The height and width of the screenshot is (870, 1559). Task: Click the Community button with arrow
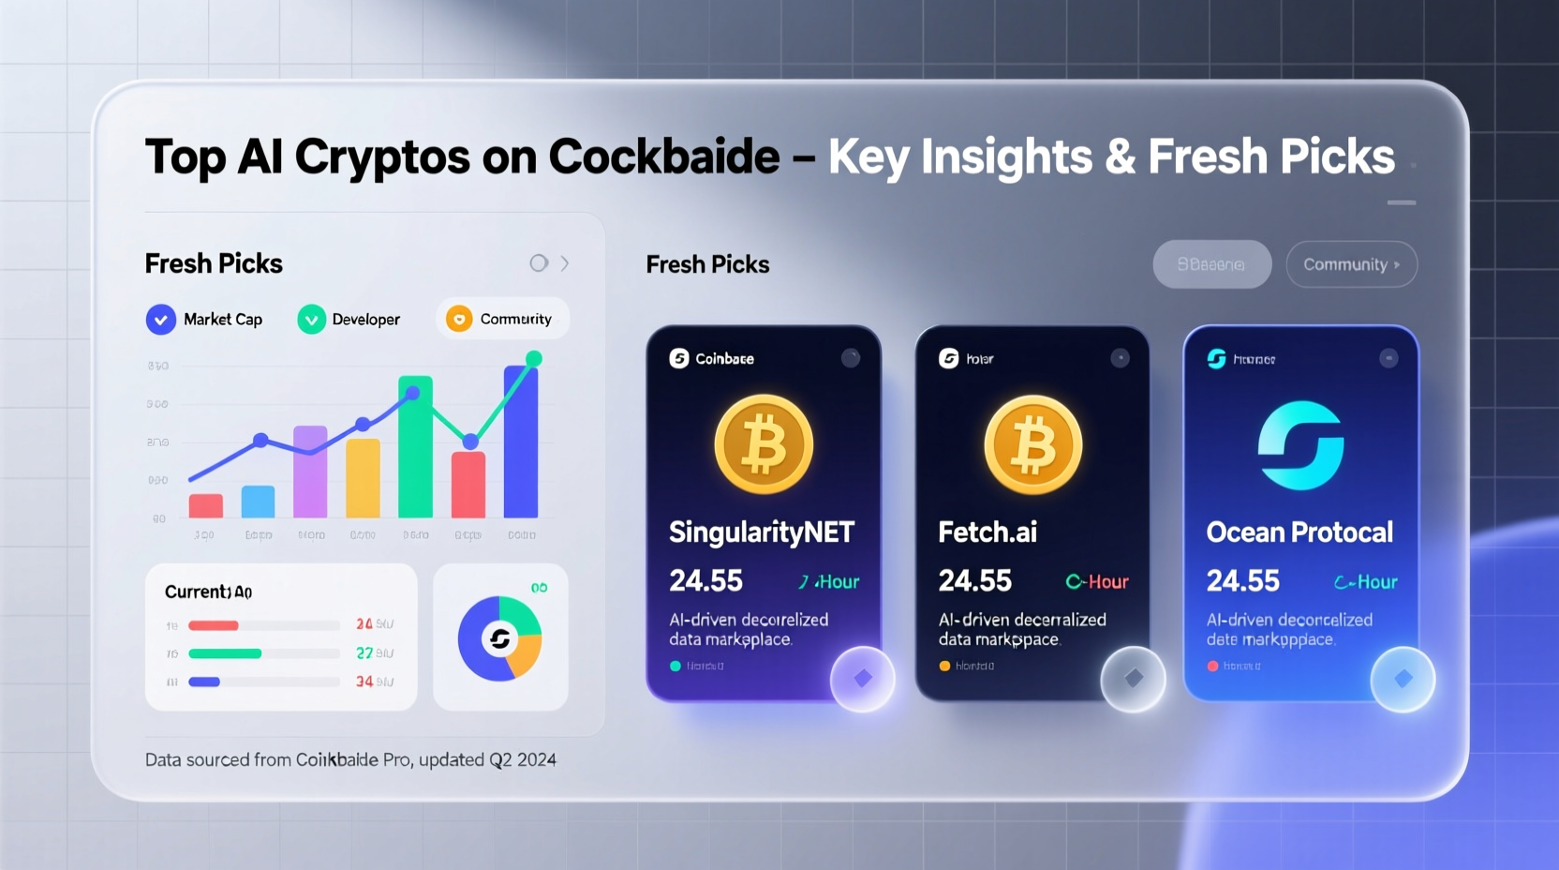pos(1351,264)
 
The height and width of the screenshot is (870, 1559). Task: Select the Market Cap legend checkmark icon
pos(161,320)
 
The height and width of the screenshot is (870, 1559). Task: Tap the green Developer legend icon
pos(311,320)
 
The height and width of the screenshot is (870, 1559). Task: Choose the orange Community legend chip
pos(502,319)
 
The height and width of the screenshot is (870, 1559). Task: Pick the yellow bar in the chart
pos(363,478)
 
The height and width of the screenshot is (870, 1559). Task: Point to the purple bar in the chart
pos(310,472)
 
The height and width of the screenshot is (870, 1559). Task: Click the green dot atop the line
pos(534,358)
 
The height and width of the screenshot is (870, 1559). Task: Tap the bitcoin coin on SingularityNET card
pos(764,443)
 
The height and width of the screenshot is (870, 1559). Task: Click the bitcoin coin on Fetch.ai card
pos(1032,443)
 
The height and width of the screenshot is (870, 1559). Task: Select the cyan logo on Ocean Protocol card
pos(1300,445)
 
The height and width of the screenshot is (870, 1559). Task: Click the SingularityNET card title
pos(761,532)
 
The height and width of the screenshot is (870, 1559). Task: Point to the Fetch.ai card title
pos(987,532)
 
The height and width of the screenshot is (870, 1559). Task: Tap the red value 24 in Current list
pos(364,624)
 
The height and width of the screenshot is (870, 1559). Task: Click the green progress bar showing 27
pos(225,653)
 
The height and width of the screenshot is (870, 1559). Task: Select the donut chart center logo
pos(499,639)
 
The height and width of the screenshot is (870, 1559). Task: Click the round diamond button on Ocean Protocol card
pos(1403,679)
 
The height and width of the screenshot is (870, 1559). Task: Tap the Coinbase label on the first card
pos(724,359)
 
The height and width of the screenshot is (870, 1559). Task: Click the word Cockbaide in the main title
pos(663,157)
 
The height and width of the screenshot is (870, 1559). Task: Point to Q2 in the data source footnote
pos(500,760)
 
